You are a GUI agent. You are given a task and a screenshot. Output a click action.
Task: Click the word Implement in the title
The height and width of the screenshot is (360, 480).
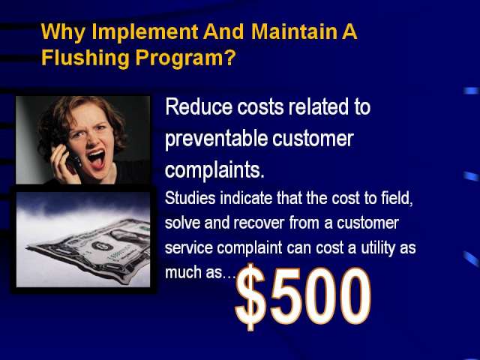pos(145,31)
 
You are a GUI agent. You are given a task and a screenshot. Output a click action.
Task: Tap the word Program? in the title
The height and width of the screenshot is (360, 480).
pos(186,58)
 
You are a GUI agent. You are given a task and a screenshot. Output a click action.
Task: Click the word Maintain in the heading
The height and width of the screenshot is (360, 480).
pos(293,31)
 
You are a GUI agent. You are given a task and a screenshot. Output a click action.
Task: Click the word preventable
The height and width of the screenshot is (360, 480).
pos(216,139)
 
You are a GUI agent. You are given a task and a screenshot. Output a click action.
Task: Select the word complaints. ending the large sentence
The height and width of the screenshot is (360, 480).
pos(214,170)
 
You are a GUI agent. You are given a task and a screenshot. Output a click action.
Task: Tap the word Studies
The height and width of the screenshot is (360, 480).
pos(190,198)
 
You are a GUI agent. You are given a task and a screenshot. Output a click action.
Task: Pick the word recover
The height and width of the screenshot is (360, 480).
pos(259,223)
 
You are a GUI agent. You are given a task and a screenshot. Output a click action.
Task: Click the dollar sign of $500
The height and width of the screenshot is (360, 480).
pos(250,296)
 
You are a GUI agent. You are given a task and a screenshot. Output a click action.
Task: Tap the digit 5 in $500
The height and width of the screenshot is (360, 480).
pos(284,296)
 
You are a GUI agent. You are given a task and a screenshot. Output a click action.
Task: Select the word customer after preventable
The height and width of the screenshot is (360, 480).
pos(313,138)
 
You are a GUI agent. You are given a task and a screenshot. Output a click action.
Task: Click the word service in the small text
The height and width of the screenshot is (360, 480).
pos(188,247)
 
